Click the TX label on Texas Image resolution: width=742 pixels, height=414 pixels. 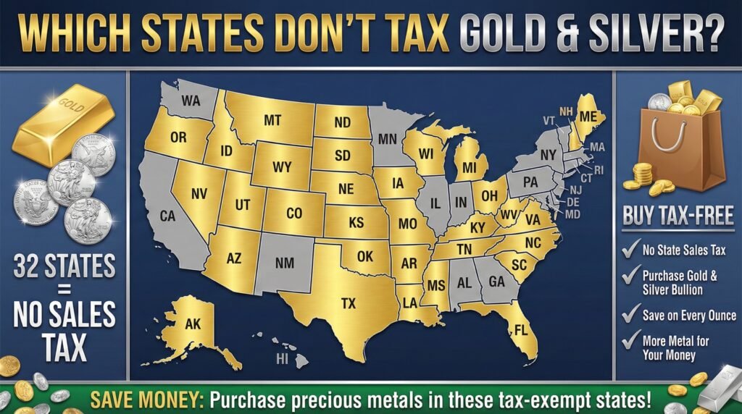pos(349,303)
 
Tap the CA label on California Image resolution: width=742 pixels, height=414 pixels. pos(168,216)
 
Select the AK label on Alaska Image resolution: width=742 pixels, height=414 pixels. pos(193,324)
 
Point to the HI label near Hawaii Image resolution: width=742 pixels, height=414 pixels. pos(282,358)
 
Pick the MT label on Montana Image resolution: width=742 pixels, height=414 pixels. pos(272,121)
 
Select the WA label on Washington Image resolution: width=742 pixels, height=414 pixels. pos(191,101)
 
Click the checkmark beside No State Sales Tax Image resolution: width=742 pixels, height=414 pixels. pos(629,251)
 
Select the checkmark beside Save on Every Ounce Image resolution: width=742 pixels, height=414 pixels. pos(629,315)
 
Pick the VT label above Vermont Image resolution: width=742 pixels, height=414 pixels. pos(549,119)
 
